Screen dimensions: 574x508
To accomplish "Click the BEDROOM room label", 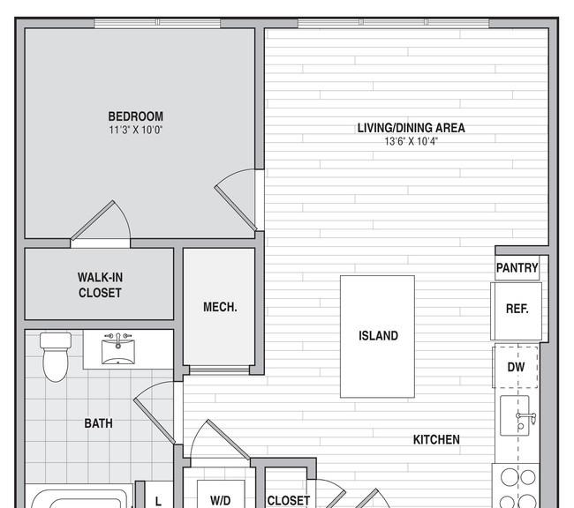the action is click(135, 116).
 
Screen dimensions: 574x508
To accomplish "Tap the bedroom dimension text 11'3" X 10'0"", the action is click(135, 130).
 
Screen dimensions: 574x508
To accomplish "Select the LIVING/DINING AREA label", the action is click(412, 128).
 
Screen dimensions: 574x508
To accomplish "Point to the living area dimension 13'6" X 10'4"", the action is click(412, 141).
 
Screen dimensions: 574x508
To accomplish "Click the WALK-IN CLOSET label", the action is click(100, 285).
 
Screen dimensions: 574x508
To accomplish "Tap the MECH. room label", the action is click(220, 307).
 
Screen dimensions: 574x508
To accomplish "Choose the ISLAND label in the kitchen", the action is click(378, 336).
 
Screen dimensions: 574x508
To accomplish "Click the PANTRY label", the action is click(517, 268).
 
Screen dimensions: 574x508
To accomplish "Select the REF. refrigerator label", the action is click(517, 309).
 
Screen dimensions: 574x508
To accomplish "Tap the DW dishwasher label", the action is click(516, 367).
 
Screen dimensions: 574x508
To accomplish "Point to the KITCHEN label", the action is click(436, 439).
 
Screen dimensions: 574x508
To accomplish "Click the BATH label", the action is click(99, 423).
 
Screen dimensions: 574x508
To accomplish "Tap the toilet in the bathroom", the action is click(56, 356).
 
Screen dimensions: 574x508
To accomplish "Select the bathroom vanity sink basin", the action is click(117, 352).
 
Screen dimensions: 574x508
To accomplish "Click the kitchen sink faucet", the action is click(525, 418).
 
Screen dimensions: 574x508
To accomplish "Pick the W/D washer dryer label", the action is click(221, 500).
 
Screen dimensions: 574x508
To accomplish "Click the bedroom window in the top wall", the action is click(157, 23).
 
